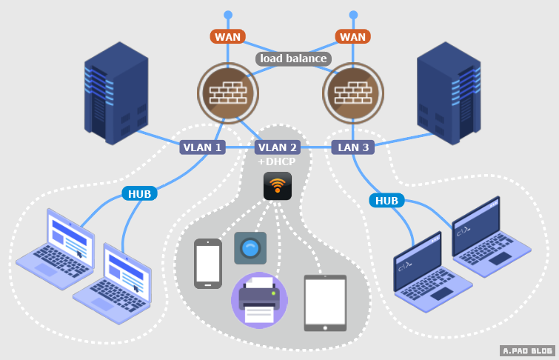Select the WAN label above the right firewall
pos(352,36)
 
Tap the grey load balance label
pos(293,59)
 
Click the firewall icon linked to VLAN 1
pos(228,93)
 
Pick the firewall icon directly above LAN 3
pos(353,93)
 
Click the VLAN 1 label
pos(202,147)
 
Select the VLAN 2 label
pos(278,147)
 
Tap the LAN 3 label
pos(352,147)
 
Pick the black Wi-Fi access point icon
pos(278,186)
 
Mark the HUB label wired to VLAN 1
pos(139,194)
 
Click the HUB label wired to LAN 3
pos(386,200)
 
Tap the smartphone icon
pos(208,264)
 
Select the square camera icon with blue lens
pos(250,248)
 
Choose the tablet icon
pos(325,303)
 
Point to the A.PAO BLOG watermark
pos(527,350)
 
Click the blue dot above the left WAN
pos(228,14)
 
